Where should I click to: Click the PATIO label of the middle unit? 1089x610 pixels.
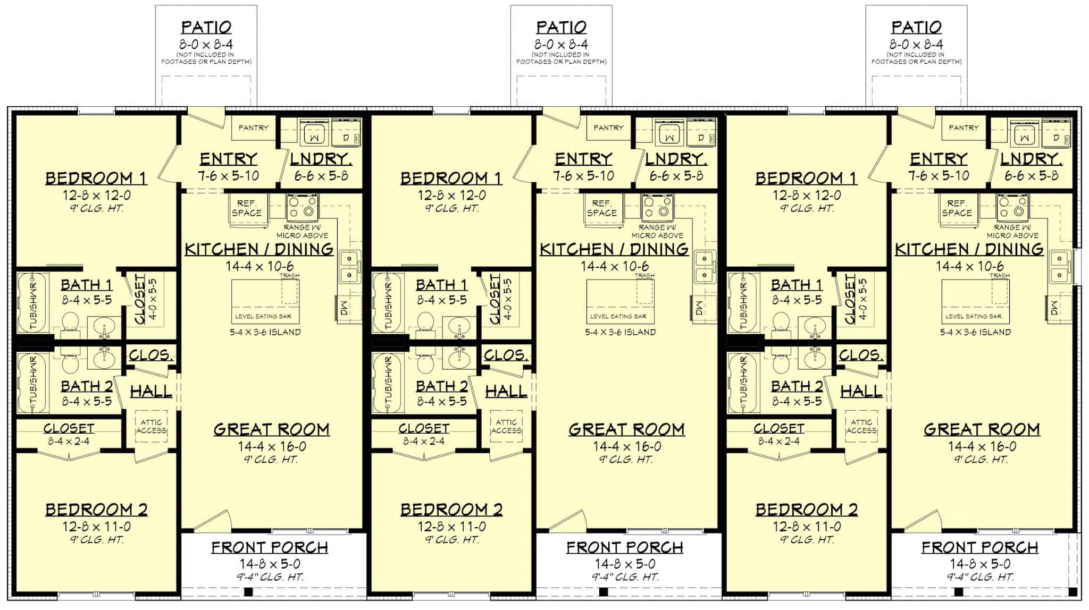pos(561,27)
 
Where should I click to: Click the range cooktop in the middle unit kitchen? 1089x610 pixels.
pos(658,208)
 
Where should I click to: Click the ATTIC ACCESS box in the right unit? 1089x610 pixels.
pos(861,427)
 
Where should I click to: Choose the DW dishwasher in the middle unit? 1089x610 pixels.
pos(698,308)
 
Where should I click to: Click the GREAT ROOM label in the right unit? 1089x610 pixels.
pos(982,429)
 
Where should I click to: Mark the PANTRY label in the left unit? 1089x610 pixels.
pos(254,128)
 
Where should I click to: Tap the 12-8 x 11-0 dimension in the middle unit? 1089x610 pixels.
pos(451,527)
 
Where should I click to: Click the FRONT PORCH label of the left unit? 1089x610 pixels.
pos(270,547)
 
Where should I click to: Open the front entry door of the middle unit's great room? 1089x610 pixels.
pos(567,520)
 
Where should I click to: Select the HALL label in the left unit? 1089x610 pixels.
pos(151,392)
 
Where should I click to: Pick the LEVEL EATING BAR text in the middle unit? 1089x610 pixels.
pos(618,316)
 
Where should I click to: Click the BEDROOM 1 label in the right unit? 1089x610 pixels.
pos(806,178)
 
